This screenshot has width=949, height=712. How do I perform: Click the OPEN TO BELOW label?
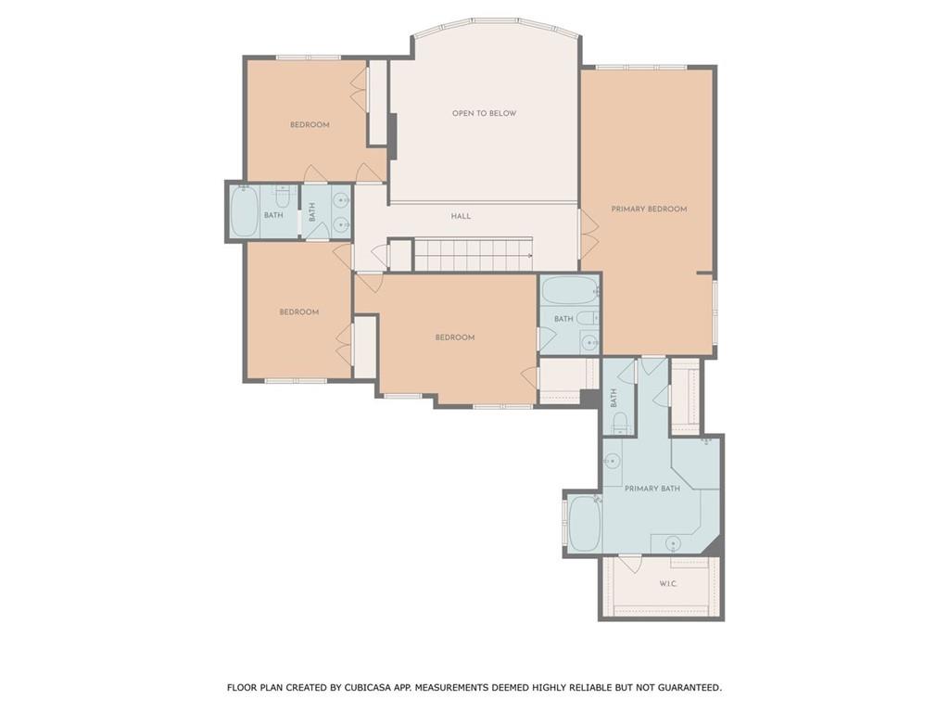pos(484,114)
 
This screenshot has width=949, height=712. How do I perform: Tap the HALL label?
pos(461,216)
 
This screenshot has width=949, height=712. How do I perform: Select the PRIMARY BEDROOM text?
pos(649,210)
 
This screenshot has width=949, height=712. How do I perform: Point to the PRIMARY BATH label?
pos(652,489)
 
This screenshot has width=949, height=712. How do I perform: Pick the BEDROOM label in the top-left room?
pos(310,125)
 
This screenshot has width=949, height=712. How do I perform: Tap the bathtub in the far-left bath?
pos(244,212)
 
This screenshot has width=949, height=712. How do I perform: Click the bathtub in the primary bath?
pos(585,524)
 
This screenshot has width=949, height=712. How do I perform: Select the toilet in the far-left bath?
pos(283,197)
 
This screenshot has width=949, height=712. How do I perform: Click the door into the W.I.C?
pos(630,562)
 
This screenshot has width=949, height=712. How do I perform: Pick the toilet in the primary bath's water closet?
pos(621,424)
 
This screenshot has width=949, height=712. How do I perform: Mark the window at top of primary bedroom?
pos(640,67)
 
